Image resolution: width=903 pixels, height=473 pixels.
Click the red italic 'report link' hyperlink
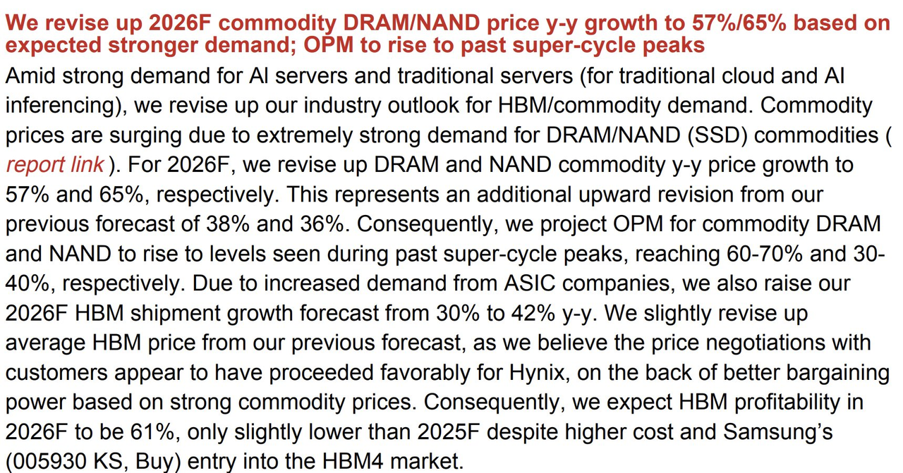pos(55,165)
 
